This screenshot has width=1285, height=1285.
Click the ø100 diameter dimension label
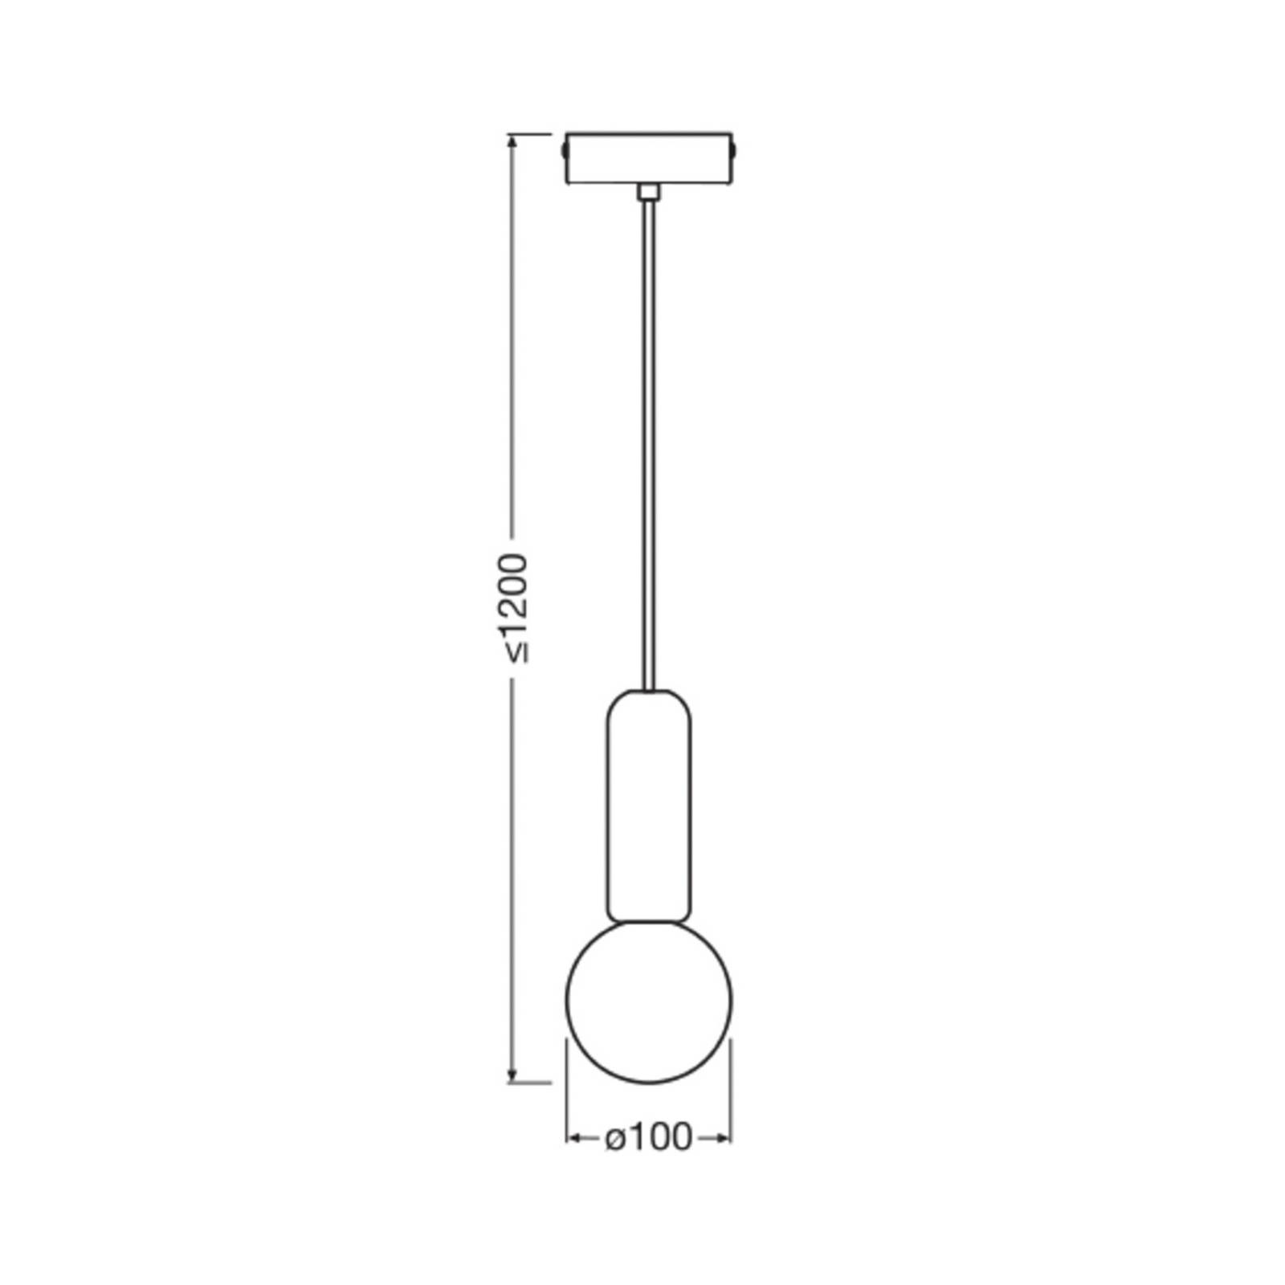[x=648, y=1137]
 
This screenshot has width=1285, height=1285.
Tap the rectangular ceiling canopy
[x=649, y=158]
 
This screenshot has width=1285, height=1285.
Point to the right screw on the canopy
[x=736, y=150]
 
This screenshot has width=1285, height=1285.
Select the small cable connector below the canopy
[x=648, y=192]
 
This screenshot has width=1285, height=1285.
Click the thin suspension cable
[x=648, y=444]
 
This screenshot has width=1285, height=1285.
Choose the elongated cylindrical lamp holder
[x=649, y=806]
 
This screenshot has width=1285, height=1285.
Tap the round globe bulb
[x=649, y=1001]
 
